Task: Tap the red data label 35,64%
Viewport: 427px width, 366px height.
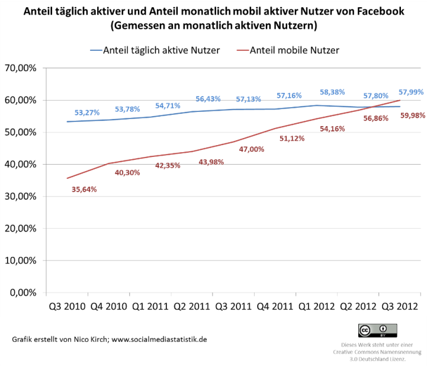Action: tap(84, 190)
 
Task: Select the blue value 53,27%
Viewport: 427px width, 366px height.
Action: tap(86, 112)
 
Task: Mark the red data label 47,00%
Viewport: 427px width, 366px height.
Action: tap(252, 149)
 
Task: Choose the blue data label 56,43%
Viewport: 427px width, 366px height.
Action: tap(208, 99)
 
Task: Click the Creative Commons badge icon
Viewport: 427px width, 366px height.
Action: tap(377, 329)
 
